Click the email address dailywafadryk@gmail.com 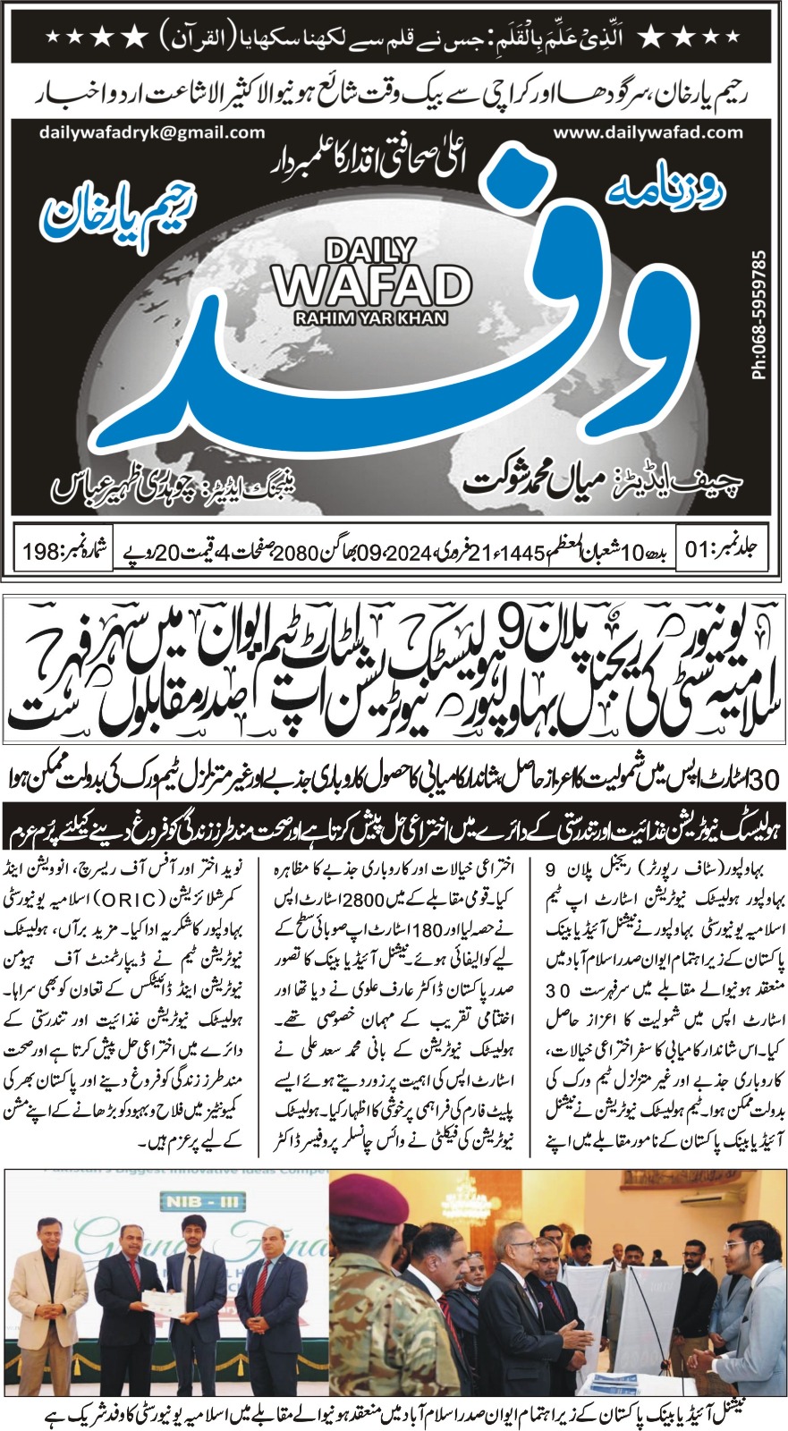152,131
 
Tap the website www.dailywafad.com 648,131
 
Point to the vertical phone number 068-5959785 760,315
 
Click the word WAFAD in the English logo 372,285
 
